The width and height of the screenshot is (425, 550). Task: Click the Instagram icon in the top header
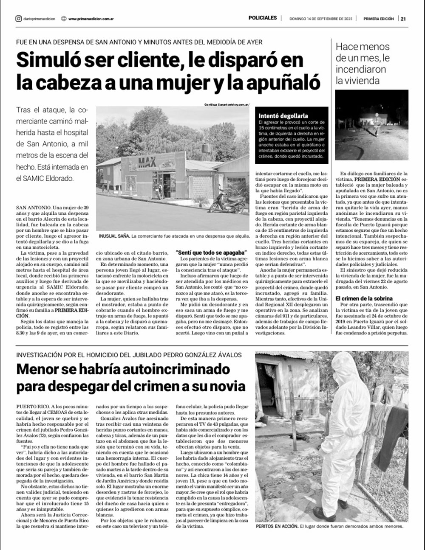18,19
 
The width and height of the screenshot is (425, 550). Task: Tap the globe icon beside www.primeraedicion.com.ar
63,19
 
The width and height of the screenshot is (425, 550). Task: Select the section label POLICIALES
263,18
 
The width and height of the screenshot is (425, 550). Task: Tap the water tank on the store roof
206,148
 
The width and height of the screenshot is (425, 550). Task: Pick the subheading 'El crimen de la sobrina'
364,298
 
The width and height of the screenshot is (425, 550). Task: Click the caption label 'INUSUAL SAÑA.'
113,236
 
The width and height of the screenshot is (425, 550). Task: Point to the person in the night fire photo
375,123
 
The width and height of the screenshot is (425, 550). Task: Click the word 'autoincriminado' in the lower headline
170,369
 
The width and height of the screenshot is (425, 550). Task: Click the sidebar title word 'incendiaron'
360,69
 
